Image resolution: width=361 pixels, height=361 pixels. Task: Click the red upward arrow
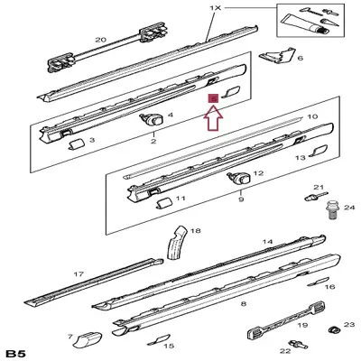[213, 116]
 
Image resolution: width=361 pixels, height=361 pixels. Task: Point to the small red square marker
[213, 97]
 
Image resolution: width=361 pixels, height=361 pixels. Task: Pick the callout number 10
[312, 117]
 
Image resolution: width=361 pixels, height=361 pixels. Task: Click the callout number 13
[301, 157]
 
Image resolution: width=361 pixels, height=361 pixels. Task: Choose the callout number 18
[196, 231]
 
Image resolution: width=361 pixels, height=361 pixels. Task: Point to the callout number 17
[79, 273]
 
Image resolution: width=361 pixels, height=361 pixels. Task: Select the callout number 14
[267, 242]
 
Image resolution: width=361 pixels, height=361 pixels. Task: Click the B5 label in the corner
[16, 351]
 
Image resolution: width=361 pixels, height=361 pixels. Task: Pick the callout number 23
[350, 323]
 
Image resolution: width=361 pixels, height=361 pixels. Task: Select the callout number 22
[283, 350]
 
